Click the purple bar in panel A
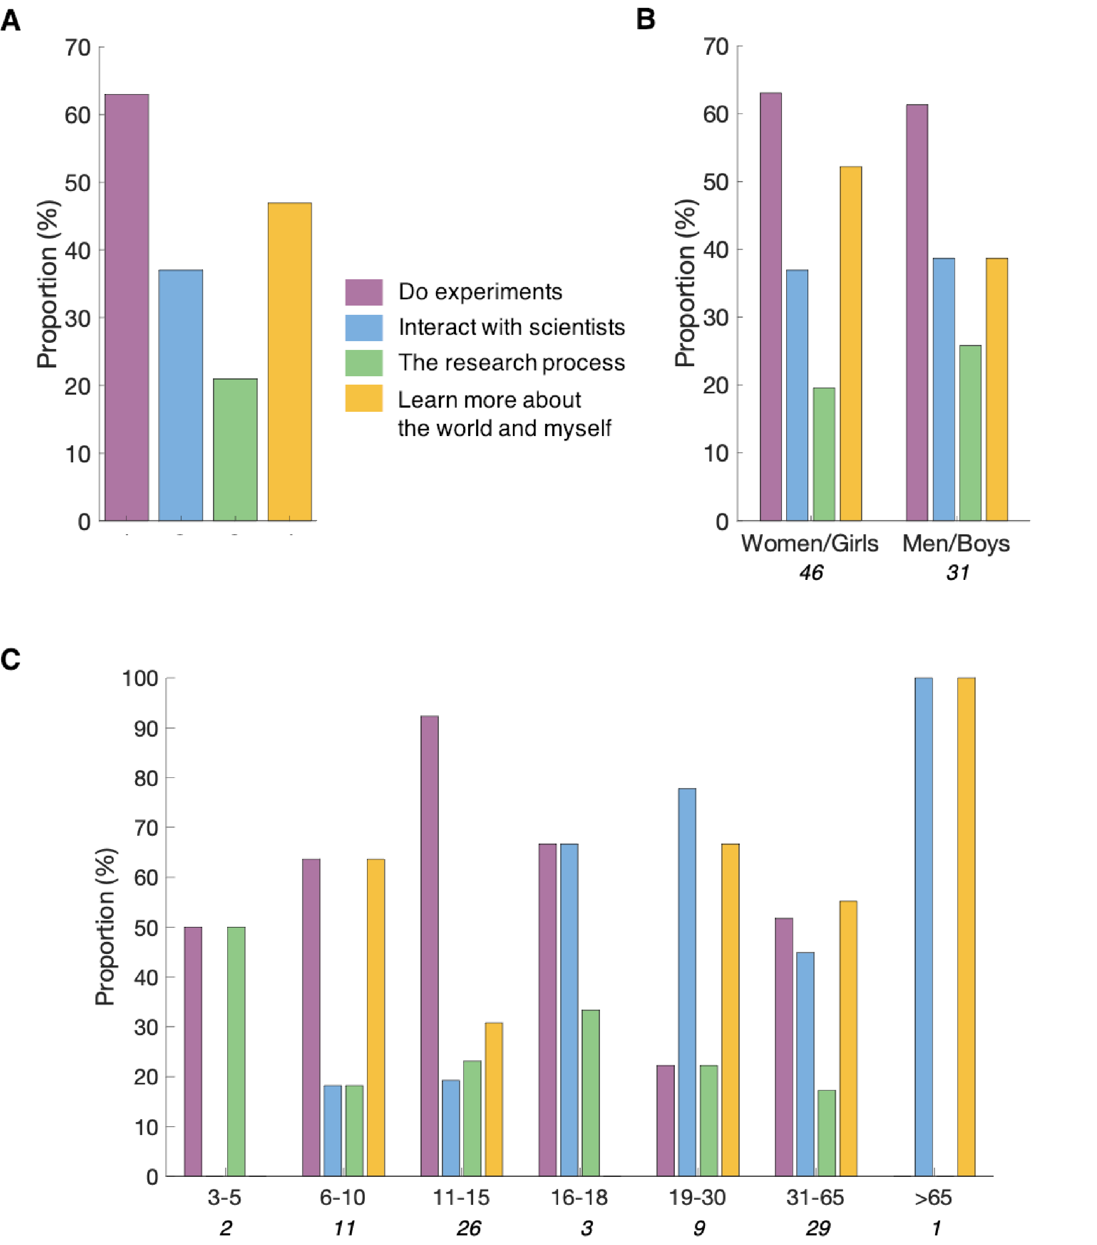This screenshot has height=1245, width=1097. pos(127,308)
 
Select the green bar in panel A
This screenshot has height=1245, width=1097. pos(235,449)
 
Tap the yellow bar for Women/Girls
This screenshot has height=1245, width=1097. pos(851,344)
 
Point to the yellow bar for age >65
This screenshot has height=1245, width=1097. pos(966,926)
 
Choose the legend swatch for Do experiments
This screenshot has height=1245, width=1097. pos(364,292)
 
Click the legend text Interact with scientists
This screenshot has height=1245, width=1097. pos(511,327)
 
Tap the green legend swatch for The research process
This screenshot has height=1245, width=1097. pos(364,363)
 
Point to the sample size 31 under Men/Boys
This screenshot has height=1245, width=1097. pos(957,573)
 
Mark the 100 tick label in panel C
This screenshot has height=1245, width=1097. pos(140,679)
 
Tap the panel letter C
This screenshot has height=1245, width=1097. pos(10,660)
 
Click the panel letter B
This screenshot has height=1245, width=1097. pos(646,20)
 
